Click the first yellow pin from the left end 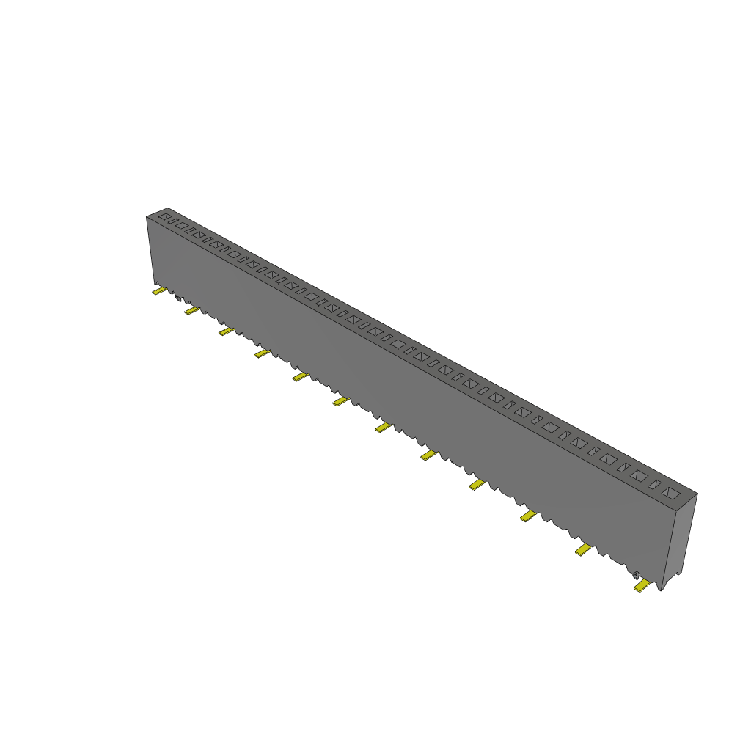pyautogui.click(x=159, y=291)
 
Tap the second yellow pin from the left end pyautogui.click(x=191, y=311)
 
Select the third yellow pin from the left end pyautogui.click(x=226, y=331)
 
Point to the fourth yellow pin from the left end pyautogui.click(x=262, y=354)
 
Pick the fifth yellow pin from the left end pyautogui.click(x=300, y=376)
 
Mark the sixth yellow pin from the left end pyautogui.click(x=340, y=401)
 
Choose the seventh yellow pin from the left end pyautogui.click(x=382, y=428)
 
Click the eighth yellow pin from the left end pyautogui.click(x=428, y=455)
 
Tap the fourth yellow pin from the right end pyautogui.click(x=477, y=484)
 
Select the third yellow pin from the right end pyautogui.click(x=528, y=516)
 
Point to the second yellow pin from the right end pyautogui.click(x=583, y=549)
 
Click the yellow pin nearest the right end pyautogui.click(x=642, y=585)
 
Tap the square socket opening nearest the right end pyautogui.click(x=670, y=494)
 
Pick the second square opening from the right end pyautogui.click(x=639, y=476)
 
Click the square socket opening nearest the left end pyautogui.click(x=165, y=217)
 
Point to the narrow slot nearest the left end pyautogui.click(x=173, y=221)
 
